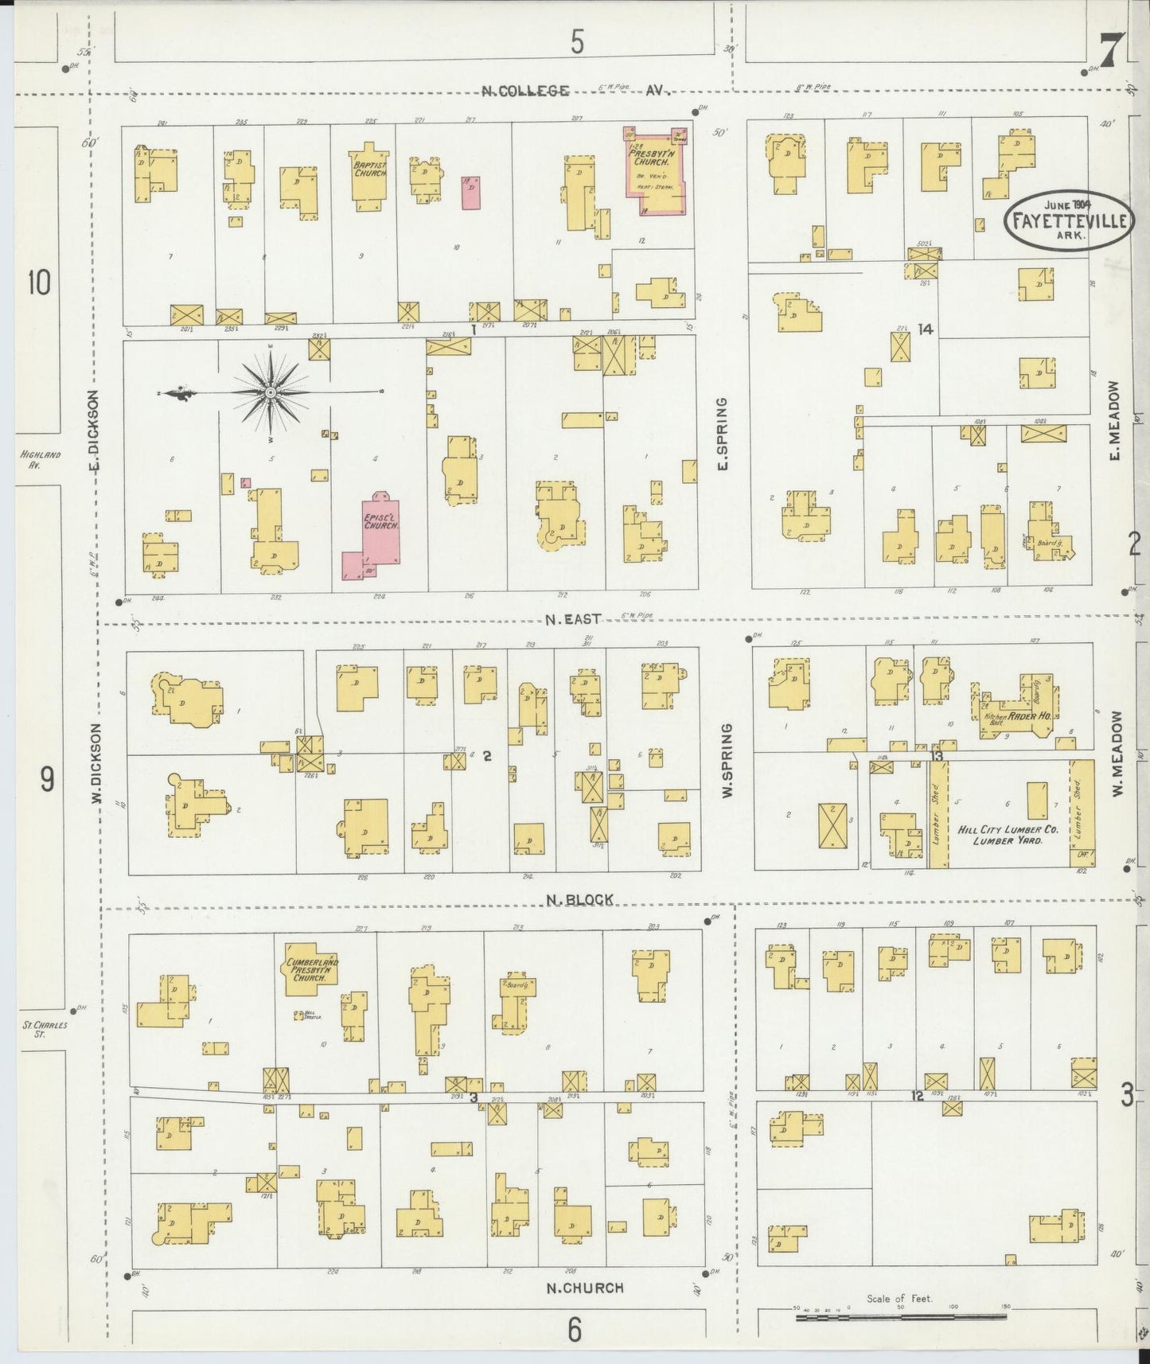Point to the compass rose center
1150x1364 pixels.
[271, 392]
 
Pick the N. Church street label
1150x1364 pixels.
[585, 1287]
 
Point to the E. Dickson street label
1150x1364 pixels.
[92, 426]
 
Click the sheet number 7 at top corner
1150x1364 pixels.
[1111, 49]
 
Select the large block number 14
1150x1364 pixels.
[924, 329]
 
